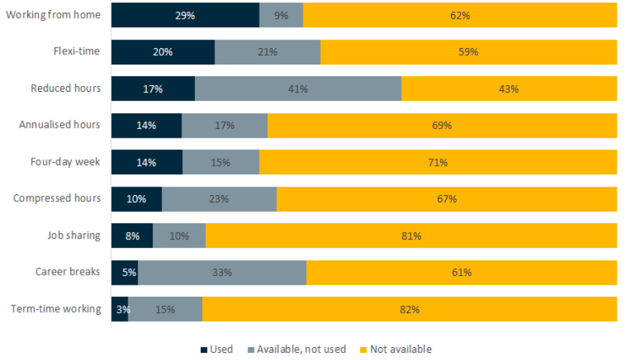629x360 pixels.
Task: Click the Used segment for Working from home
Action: click(x=185, y=15)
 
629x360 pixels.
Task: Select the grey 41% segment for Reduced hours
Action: click(x=298, y=89)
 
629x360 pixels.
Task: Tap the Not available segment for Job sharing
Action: click(x=411, y=235)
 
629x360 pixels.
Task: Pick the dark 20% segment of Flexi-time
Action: click(x=163, y=52)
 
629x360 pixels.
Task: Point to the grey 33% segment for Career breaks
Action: click(x=222, y=273)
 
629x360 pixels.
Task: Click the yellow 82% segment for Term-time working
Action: click(x=410, y=309)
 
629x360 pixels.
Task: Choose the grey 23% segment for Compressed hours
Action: click(x=219, y=199)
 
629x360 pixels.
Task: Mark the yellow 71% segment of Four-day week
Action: click(x=438, y=162)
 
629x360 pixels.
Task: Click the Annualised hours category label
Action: click(x=60, y=125)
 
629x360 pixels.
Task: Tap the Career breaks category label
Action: click(x=68, y=272)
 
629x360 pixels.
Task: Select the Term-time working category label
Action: click(x=56, y=309)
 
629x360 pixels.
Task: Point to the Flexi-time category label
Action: click(x=77, y=51)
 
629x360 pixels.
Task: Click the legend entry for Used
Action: click(x=217, y=349)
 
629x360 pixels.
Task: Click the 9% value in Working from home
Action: click(x=281, y=15)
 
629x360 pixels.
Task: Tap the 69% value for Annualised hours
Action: click(x=442, y=125)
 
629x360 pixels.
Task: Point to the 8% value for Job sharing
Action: click(x=132, y=235)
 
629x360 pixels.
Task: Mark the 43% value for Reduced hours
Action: click(x=509, y=89)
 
